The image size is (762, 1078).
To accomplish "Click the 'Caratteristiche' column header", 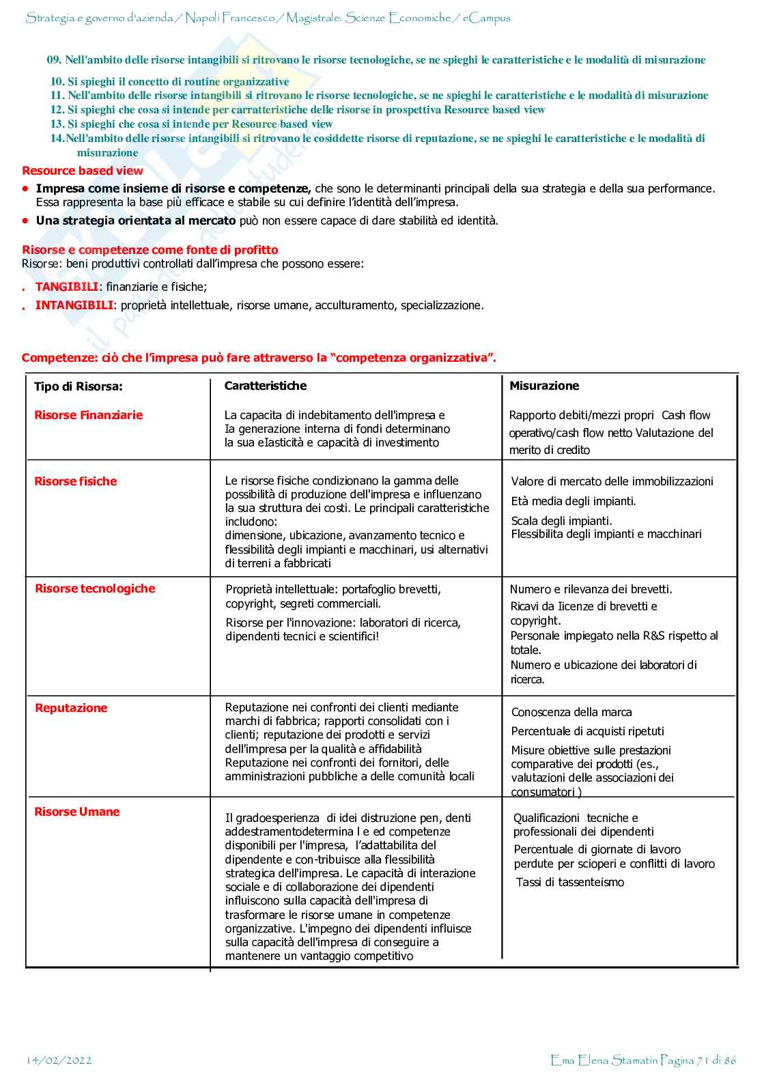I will tap(266, 386).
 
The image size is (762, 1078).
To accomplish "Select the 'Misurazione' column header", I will tap(544, 386).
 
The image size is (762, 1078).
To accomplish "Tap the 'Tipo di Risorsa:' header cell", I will tap(79, 386).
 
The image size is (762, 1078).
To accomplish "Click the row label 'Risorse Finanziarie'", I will tap(89, 415).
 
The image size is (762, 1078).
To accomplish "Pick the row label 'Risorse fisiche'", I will tap(76, 481).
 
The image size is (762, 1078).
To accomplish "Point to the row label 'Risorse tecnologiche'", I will tap(95, 588).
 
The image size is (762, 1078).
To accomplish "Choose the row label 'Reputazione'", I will tap(71, 708).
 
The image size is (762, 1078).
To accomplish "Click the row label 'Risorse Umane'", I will tap(77, 812).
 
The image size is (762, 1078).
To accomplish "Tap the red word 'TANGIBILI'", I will tap(67, 287).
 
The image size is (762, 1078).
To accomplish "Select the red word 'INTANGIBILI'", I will tap(74, 305).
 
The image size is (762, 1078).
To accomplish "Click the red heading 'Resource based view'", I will tap(83, 171).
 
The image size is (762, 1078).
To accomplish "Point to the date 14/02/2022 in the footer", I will tap(59, 1060).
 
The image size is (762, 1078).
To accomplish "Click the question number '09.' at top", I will tap(54, 60).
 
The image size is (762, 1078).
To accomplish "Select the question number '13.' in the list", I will tap(57, 124).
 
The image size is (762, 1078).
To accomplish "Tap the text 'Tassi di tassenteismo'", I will tap(570, 882).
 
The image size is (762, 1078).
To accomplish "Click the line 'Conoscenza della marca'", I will tap(571, 712).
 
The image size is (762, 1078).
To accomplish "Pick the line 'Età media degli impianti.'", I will tap(574, 501).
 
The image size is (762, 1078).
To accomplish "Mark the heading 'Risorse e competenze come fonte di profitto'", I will tap(150, 250).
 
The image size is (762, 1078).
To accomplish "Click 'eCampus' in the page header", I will tap(487, 18).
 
